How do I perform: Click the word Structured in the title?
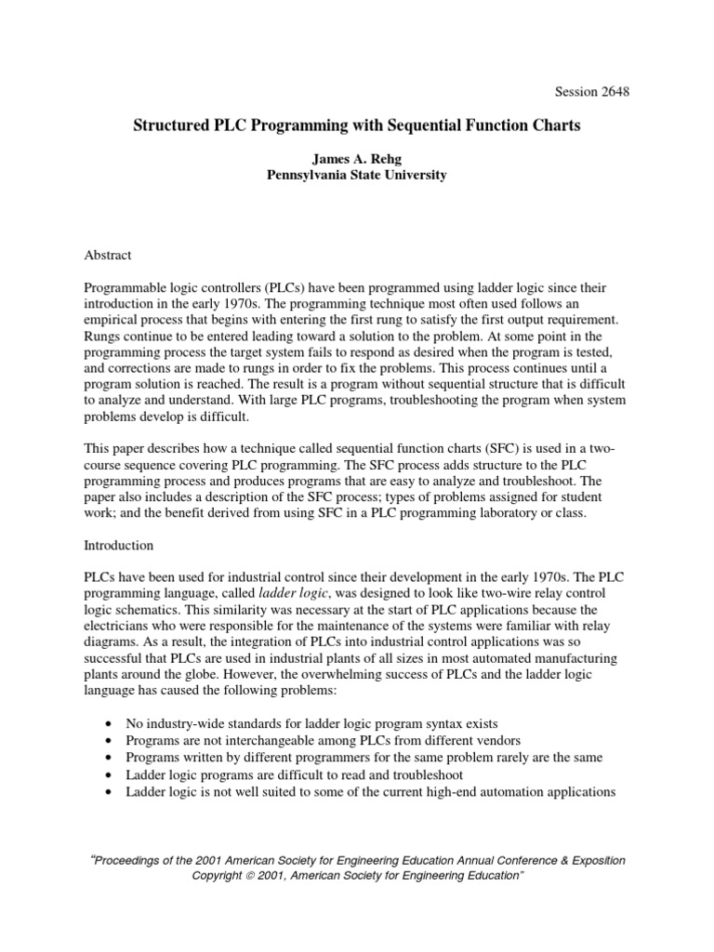[177, 126]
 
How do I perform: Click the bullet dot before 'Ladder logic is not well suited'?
[112, 792]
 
